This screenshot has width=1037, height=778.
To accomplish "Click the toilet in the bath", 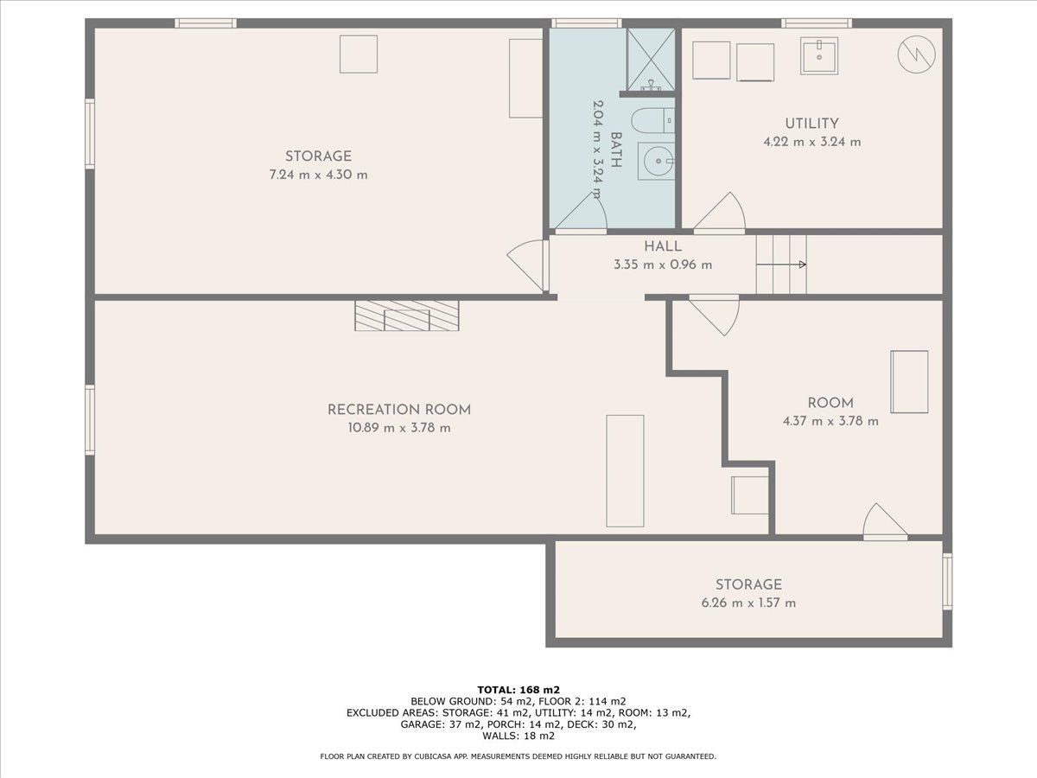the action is [x=654, y=121].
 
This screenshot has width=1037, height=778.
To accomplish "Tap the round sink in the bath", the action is [x=657, y=161].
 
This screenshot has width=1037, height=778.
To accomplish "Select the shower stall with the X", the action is [x=651, y=59].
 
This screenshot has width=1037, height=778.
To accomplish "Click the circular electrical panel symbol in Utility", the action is [x=916, y=54].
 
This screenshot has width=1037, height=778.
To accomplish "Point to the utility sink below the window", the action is [x=818, y=55].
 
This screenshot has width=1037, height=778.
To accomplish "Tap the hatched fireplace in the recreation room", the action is [x=407, y=315].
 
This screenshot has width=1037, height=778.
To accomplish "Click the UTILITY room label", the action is [x=811, y=124].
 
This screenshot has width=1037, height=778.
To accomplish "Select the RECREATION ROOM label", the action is [x=399, y=410].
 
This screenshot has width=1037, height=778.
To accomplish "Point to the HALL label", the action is [x=663, y=246].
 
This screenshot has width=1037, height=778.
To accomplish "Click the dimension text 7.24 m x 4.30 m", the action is [x=318, y=175].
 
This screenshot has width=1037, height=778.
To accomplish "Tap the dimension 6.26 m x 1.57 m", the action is [x=748, y=603].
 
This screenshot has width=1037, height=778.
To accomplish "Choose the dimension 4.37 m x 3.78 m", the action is [x=830, y=421].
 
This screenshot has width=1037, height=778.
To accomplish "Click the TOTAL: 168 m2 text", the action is [x=518, y=690].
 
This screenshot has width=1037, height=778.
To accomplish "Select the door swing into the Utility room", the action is [x=720, y=213].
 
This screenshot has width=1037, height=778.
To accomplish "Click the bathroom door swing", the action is [x=581, y=213].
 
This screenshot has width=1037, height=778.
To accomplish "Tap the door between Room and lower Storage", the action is [x=885, y=521].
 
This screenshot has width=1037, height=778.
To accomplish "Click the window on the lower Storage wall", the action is [x=947, y=581].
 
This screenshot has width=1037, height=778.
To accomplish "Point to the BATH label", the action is [x=615, y=150].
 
